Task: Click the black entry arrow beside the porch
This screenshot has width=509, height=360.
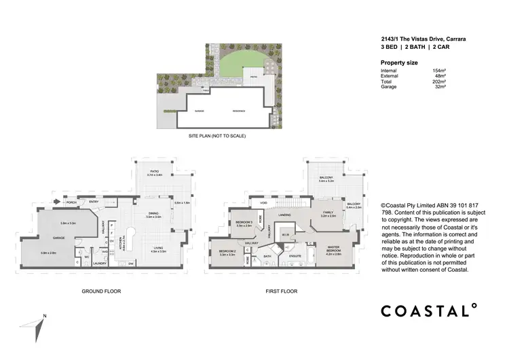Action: (x=57, y=202)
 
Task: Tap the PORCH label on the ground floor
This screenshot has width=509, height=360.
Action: (x=70, y=202)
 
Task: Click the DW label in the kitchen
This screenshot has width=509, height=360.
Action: (x=130, y=264)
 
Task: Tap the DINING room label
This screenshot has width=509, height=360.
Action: (x=154, y=213)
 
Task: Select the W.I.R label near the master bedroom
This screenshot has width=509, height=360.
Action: (x=286, y=236)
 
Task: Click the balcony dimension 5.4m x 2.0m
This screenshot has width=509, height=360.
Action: (x=354, y=207)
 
